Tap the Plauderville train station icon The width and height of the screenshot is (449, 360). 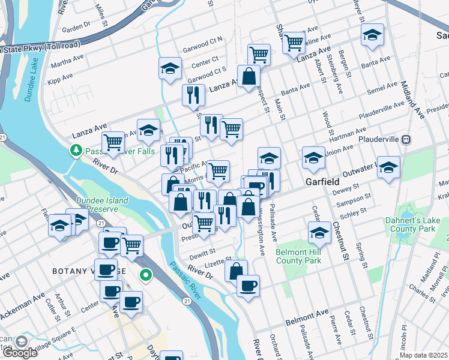[406, 139]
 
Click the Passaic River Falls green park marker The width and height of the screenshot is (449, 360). [76, 149]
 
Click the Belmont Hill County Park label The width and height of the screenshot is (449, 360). [298, 256]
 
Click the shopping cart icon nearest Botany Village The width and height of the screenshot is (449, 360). [131, 244]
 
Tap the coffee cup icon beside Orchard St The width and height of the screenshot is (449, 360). [248, 285]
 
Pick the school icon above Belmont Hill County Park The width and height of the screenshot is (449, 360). [320, 232]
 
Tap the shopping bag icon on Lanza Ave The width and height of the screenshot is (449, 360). [249, 76]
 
